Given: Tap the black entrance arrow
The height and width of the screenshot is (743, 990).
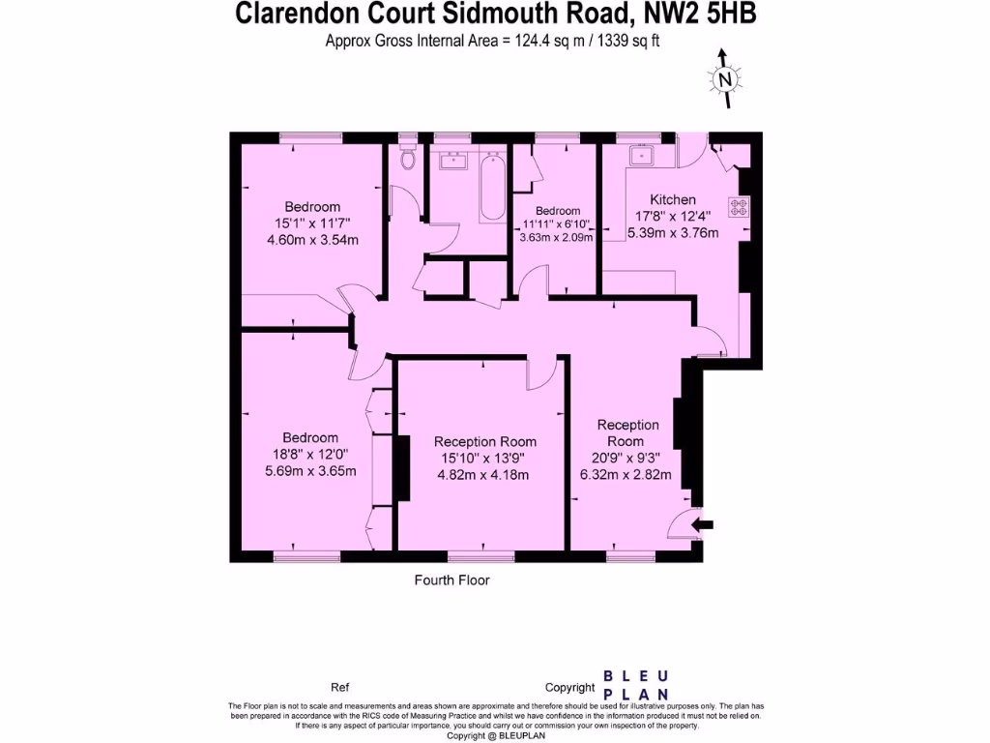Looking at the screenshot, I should (704, 524).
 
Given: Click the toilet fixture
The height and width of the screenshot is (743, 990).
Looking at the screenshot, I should (406, 158).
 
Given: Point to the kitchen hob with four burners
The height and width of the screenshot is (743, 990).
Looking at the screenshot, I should (740, 206).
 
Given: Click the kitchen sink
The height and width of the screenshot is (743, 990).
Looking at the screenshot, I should (641, 156).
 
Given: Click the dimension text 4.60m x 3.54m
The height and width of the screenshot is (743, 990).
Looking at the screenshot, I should (312, 240).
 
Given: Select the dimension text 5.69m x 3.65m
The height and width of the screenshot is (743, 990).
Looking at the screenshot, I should (311, 471).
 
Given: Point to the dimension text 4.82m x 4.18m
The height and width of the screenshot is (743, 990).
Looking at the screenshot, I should (484, 475).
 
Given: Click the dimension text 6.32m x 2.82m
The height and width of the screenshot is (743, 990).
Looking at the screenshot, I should (626, 475).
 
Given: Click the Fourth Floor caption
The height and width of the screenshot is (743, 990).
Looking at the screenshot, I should (451, 580).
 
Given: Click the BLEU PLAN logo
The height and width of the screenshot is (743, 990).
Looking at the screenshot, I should (635, 685).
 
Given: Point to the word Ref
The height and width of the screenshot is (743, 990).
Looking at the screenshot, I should (339, 688).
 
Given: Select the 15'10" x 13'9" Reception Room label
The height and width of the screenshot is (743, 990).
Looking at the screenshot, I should (484, 450).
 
